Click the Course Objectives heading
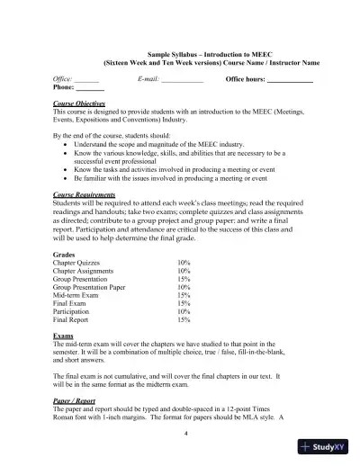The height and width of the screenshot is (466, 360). click(x=79, y=103)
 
